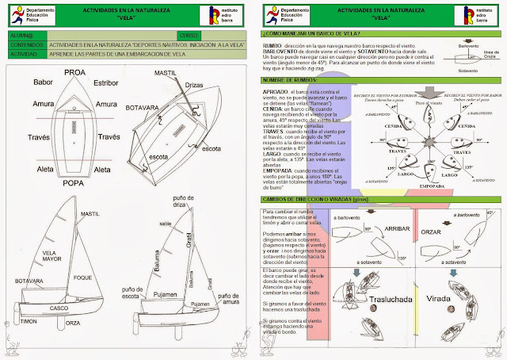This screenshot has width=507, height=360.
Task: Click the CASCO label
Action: (x=59, y=308)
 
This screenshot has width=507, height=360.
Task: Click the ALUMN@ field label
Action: (x=21, y=36)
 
